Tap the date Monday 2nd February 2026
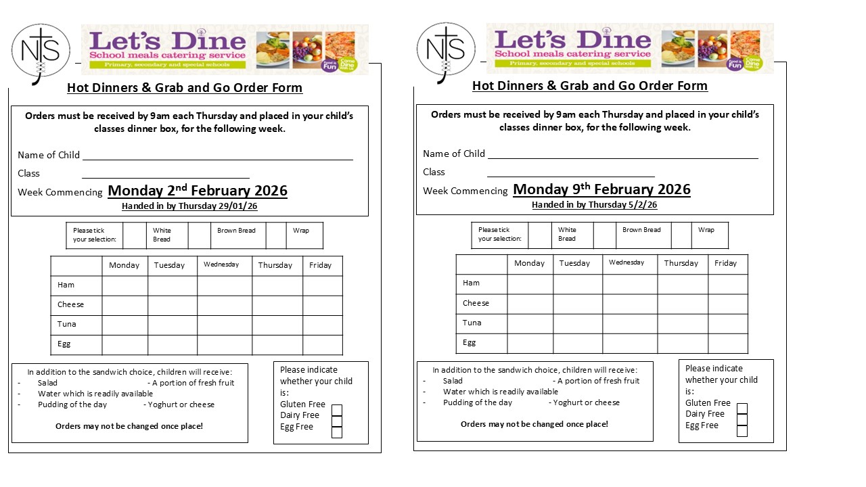tap(198, 191)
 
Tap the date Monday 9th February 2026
tap(601, 189)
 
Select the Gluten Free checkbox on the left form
tap(337, 410)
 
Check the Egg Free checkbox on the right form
tap(742, 431)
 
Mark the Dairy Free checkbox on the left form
tap(337, 421)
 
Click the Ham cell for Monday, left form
tap(125, 285)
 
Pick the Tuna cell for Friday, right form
tap(728, 323)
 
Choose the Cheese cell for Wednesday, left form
tap(225, 305)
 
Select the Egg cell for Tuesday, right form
tap(578, 343)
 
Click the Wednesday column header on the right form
tap(626, 262)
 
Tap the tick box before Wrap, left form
tap(276, 235)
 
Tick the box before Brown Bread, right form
tap(604, 235)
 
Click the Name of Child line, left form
tap(217, 156)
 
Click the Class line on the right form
tap(571, 172)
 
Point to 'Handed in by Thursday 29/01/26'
tap(189, 206)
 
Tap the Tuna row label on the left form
tap(67, 324)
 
